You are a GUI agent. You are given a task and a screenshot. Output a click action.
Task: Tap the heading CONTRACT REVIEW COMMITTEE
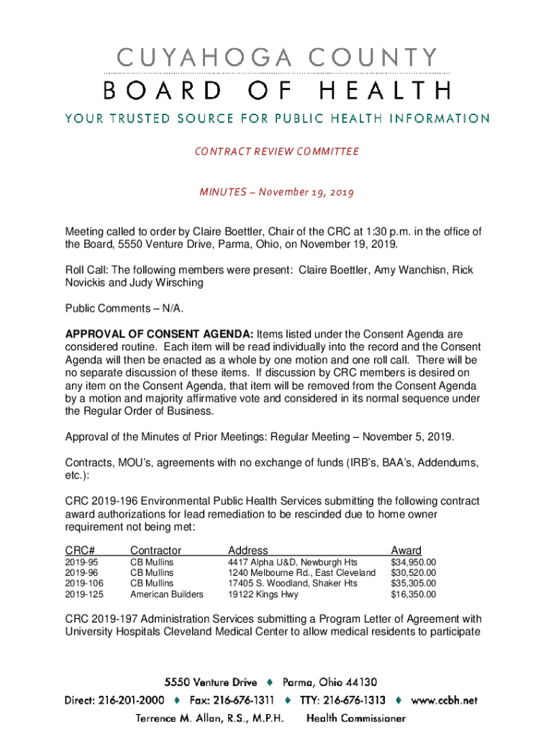point(277,152)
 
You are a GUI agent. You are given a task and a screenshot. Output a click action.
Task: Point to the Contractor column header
point(155,551)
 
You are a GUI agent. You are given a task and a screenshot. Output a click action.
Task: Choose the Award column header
point(406,551)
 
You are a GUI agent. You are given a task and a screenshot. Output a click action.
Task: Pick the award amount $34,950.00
point(413,562)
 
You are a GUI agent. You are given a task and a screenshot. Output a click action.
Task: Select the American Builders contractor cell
point(166,594)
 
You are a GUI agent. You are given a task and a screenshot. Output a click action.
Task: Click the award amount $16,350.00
point(413,594)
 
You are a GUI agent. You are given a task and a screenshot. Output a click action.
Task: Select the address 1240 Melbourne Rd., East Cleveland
point(301,573)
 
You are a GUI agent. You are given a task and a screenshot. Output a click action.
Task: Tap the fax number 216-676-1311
point(243,700)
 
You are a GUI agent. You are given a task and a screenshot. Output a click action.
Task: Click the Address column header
point(248,551)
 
